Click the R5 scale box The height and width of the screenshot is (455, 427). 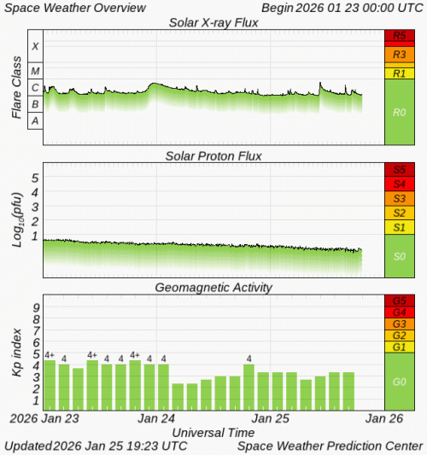(400, 37)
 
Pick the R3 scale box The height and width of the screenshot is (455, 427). (400, 53)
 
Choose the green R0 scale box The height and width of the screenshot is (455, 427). (400, 112)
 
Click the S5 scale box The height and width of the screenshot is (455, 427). (400, 169)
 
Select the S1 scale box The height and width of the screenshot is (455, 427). (400, 228)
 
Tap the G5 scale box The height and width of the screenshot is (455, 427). (400, 301)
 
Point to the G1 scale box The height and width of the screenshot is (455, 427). (400, 347)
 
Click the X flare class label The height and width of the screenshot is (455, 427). (35, 46)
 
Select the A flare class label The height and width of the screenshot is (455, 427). (35, 121)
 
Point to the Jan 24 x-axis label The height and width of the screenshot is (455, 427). (157, 419)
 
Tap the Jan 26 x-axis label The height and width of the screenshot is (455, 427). (385, 419)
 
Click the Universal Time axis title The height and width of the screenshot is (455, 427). (213, 432)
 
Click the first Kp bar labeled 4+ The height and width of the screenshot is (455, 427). (50, 385)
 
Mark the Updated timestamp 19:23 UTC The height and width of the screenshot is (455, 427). (171, 446)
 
